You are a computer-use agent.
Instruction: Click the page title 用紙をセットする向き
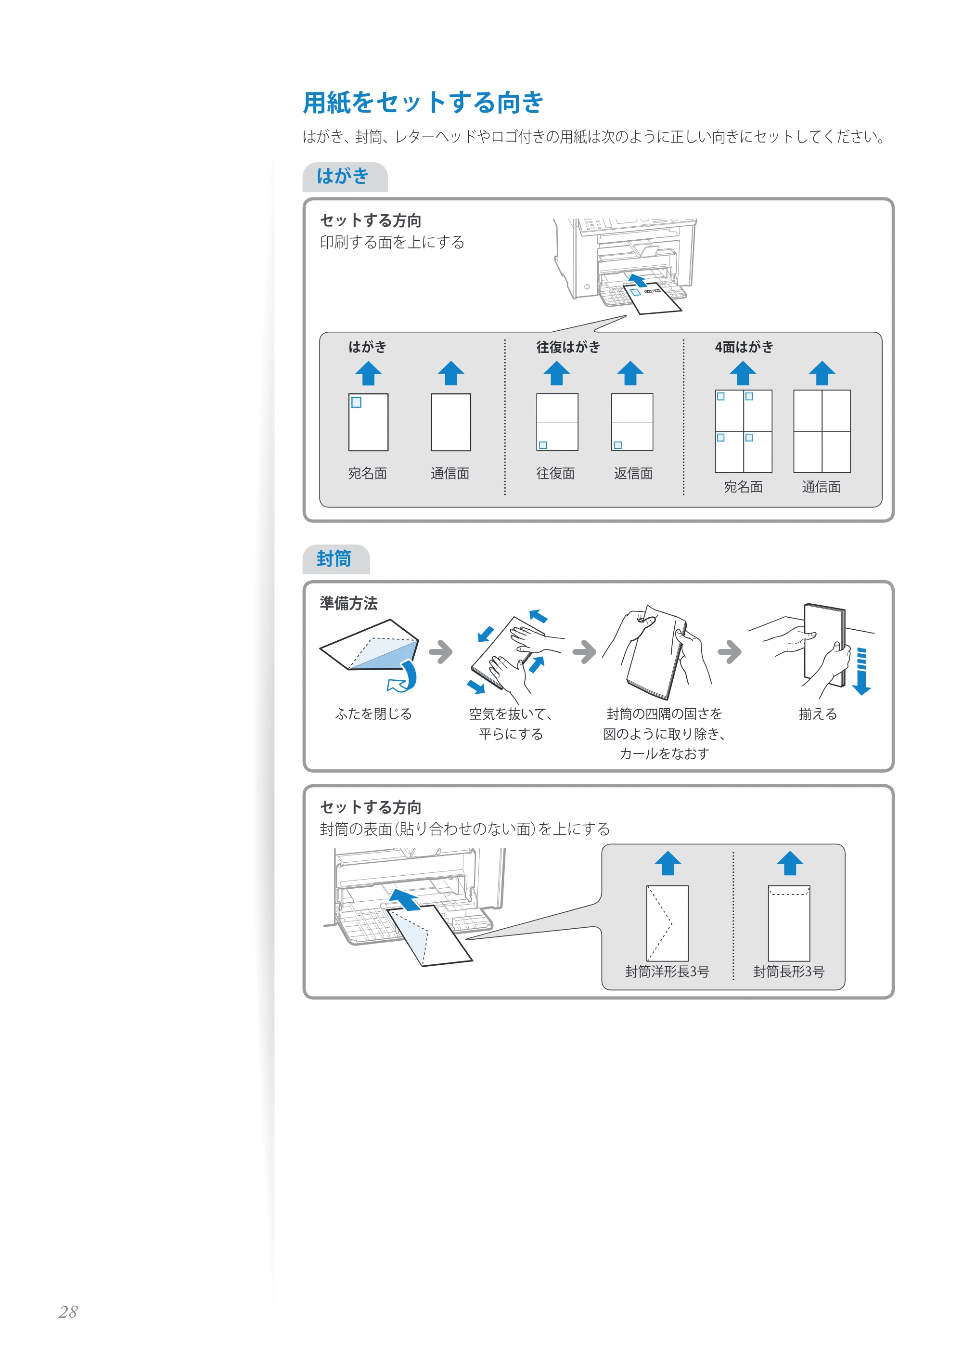tap(423, 102)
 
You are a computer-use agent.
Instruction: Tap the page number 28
tap(68, 1311)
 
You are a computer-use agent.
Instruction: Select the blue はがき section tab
tap(345, 176)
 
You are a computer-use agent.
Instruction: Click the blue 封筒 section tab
tap(335, 559)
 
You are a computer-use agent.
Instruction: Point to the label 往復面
tap(556, 473)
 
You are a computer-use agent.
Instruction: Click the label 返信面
tap(633, 473)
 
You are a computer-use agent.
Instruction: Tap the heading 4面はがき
tap(744, 347)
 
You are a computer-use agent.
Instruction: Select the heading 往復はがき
tap(568, 347)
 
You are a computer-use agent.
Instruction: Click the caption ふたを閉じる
tap(373, 713)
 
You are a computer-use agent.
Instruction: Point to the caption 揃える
tap(818, 713)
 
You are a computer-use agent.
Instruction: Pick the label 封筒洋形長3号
tap(667, 971)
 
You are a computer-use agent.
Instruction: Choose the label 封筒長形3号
tap(789, 971)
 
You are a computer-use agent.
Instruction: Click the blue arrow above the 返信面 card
tap(630, 373)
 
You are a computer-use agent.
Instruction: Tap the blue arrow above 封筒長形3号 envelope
tap(790, 863)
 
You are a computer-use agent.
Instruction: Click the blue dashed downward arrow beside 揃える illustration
tap(861, 671)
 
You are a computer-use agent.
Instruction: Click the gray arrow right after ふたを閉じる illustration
tap(440, 651)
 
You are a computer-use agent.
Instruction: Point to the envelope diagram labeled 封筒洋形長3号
tap(667, 923)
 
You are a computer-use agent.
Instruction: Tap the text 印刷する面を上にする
tap(392, 242)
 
